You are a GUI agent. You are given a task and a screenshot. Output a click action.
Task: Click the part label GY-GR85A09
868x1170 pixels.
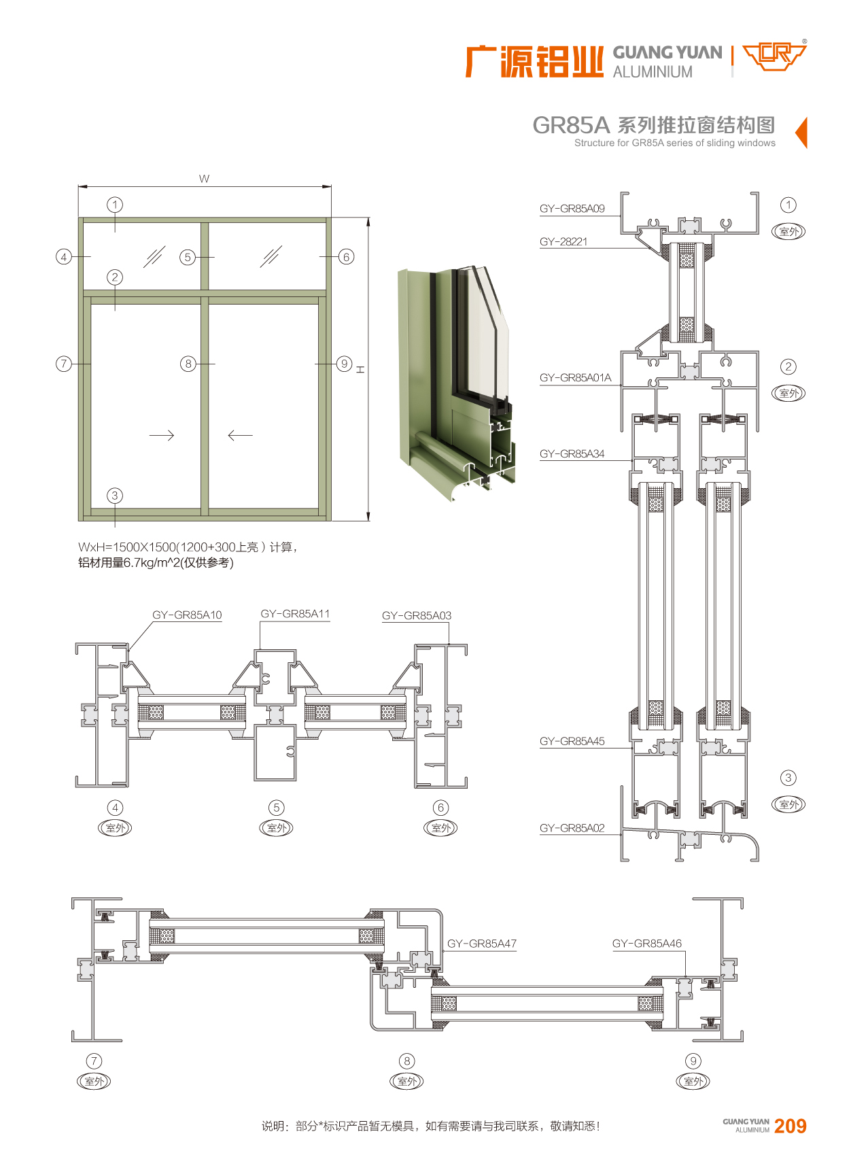[x=572, y=209]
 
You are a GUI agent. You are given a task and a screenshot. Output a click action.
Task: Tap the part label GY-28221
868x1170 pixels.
[x=563, y=241]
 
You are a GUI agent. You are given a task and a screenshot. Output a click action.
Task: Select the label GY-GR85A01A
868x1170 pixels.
[x=575, y=377]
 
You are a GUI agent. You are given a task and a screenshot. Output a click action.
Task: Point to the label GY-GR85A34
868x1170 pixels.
[x=572, y=453]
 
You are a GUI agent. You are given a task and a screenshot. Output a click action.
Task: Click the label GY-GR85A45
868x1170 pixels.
[x=572, y=741]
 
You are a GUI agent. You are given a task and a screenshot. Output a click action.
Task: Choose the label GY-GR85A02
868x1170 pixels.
[x=572, y=828]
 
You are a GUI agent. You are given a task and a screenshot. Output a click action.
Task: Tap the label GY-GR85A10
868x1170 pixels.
[x=187, y=615]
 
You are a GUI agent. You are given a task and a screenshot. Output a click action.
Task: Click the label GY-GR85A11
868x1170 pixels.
[x=295, y=614]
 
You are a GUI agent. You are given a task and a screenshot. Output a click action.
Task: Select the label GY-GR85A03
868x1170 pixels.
[x=416, y=615]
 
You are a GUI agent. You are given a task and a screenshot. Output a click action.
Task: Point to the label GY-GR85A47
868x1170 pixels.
[x=481, y=944]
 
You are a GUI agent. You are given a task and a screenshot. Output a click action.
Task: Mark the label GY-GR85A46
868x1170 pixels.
[x=646, y=944]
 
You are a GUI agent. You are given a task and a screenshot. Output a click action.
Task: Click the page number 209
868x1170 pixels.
[x=790, y=1126]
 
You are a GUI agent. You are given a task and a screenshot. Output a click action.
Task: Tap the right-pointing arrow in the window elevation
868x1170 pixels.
[x=162, y=435]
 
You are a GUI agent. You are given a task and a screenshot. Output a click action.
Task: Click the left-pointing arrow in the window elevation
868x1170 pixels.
[x=240, y=435]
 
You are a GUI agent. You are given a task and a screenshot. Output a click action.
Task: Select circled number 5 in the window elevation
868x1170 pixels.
[x=188, y=257]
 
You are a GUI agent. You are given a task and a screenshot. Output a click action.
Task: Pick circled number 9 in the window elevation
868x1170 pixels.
[x=345, y=364]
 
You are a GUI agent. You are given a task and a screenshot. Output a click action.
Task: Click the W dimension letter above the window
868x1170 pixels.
[x=204, y=179]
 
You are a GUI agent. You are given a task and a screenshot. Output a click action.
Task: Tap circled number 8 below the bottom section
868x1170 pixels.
[x=406, y=1061]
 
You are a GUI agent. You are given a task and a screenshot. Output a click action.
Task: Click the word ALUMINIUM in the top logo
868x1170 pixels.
[x=653, y=71]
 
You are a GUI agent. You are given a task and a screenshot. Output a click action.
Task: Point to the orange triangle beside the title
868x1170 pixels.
[x=801, y=132]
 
